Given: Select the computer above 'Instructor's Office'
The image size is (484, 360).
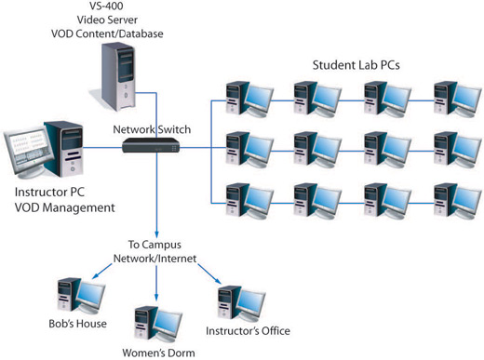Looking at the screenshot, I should (235, 301).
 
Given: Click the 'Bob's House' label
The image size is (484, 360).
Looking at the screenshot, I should (79, 324).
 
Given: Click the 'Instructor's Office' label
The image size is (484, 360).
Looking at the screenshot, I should (248, 331).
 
